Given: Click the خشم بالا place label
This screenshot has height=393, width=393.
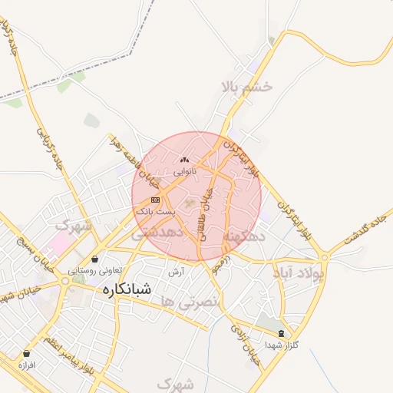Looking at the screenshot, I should [246, 86].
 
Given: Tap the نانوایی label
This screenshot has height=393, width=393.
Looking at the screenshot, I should [184, 170].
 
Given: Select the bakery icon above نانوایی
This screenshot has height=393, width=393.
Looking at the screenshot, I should [183, 160].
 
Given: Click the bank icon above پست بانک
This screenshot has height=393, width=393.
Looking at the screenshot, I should [156, 200].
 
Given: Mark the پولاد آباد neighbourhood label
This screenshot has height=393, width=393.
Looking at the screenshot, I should [299, 272].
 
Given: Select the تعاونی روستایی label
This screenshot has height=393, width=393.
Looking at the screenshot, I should [94, 270].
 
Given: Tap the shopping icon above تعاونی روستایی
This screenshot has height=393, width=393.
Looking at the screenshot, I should [94, 259].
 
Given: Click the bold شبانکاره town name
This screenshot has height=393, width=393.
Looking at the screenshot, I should [126, 290].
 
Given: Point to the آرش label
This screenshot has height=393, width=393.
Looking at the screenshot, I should [177, 272].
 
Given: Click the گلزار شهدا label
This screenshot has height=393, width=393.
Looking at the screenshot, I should [281, 345].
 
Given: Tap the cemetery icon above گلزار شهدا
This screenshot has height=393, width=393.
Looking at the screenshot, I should [281, 334].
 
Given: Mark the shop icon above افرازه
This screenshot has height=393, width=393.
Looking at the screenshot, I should [27, 354].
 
